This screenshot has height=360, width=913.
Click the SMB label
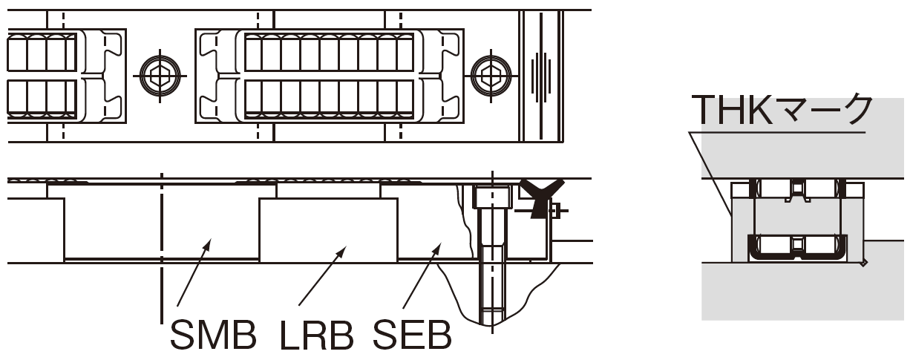(213, 335)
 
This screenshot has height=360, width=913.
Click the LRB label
(317, 335)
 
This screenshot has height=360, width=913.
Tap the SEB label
(412, 335)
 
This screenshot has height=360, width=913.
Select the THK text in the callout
(732, 109)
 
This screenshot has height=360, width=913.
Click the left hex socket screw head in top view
(160, 76)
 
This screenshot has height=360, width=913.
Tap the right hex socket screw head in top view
(491, 76)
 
